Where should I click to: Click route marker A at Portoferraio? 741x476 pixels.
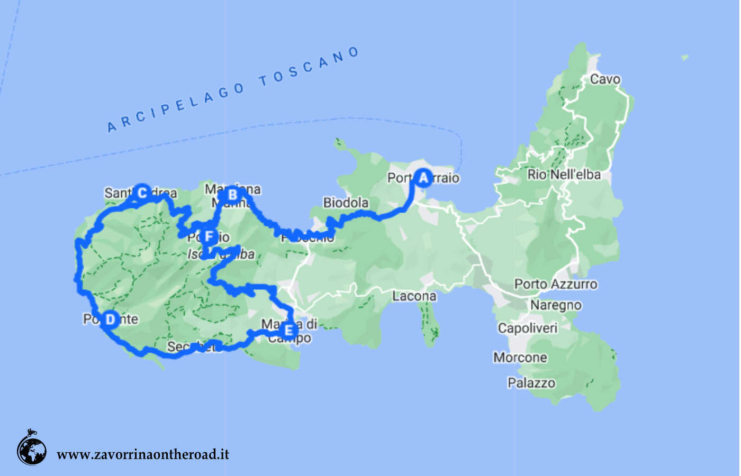pyautogui.click(x=423, y=178)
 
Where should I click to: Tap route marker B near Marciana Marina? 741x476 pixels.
pyautogui.click(x=232, y=195)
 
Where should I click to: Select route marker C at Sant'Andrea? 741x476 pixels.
pyautogui.click(x=141, y=193)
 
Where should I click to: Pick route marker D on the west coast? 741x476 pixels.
pyautogui.click(x=110, y=319)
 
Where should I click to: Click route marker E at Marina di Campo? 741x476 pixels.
pyautogui.click(x=288, y=331)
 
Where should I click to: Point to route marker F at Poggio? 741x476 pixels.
pyautogui.click(x=209, y=236)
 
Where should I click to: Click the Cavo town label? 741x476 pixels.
pyautogui.click(x=605, y=79)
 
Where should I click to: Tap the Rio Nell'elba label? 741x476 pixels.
pyautogui.click(x=564, y=175)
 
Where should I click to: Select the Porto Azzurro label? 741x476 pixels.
pyautogui.click(x=556, y=285)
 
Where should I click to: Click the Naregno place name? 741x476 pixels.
pyautogui.click(x=556, y=305)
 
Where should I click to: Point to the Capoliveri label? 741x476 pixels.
pyautogui.click(x=528, y=328)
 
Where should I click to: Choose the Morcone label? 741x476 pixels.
pyautogui.click(x=520, y=358)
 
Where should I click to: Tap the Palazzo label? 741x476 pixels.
pyautogui.click(x=531, y=383)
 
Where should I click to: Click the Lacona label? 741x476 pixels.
pyautogui.click(x=414, y=296)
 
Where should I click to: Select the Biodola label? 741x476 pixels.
pyautogui.click(x=346, y=203)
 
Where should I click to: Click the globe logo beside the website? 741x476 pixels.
pyautogui.click(x=32, y=450)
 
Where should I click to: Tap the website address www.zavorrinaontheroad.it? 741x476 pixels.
pyautogui.click(x=143, y=454)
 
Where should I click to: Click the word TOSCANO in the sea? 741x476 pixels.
pyautogui.click(x=309, y=67)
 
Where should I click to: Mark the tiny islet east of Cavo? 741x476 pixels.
pyautogui.click(x=685, y=57)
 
